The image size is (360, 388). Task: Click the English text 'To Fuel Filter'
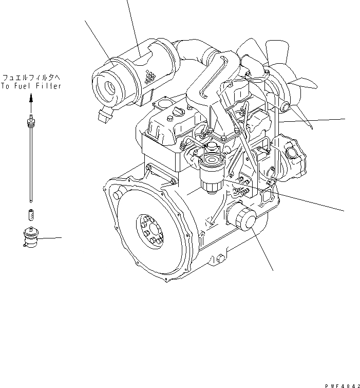pyautogui.click(x=31, y=86)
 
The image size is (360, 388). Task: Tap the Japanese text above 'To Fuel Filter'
pyautogui.click(x=31, y=78)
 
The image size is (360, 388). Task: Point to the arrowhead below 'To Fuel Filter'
pyautogui.click(x=31, y=98)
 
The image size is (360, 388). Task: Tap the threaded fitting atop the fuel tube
pyautogui.click(x=31, y=121)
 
